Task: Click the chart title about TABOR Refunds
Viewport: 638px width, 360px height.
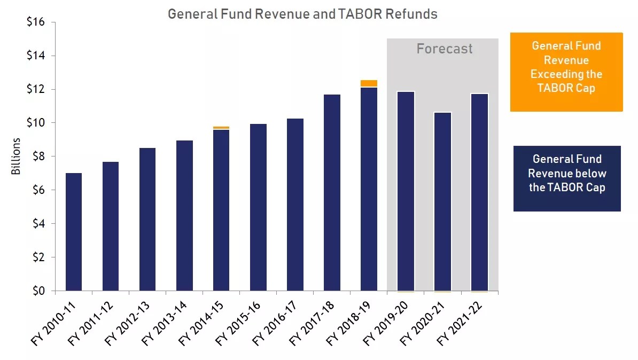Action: click(302, 14)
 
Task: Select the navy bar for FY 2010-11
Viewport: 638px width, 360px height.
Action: click(73, 232)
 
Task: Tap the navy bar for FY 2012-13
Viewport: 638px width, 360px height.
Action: click(147, 219)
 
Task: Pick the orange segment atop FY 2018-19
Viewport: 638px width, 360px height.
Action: click(369, 83)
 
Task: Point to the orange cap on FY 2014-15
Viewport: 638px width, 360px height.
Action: click(221, 128)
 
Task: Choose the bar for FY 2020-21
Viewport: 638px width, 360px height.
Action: click(442, 201)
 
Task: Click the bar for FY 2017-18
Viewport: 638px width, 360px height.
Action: click(332, 192)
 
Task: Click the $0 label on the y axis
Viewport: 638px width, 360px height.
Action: click(39, 291)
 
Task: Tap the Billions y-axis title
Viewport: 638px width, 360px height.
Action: click(16, 156)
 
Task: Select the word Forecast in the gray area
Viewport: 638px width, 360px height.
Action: click(445, 49)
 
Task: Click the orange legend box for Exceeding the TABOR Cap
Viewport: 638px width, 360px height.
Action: click(566, 72)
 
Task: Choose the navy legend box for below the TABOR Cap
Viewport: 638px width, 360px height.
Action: click(567, 178)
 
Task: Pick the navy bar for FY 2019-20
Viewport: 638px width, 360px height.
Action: click(406, 191)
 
